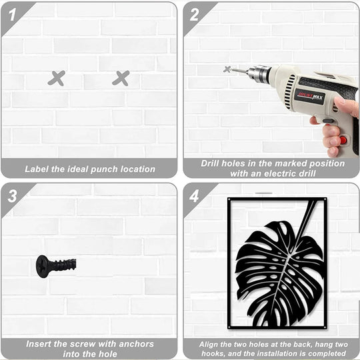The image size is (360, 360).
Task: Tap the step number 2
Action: coord(194,14)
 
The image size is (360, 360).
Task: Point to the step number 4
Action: coord(194,196)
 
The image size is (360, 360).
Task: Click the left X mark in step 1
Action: coord(57,78)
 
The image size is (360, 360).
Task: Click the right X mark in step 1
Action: coord(121,78)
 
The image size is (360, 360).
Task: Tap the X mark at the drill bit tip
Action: coord(227,69)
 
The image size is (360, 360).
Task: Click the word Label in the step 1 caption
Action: coord(38,169)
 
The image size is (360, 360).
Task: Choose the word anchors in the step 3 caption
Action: coord(135,345)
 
